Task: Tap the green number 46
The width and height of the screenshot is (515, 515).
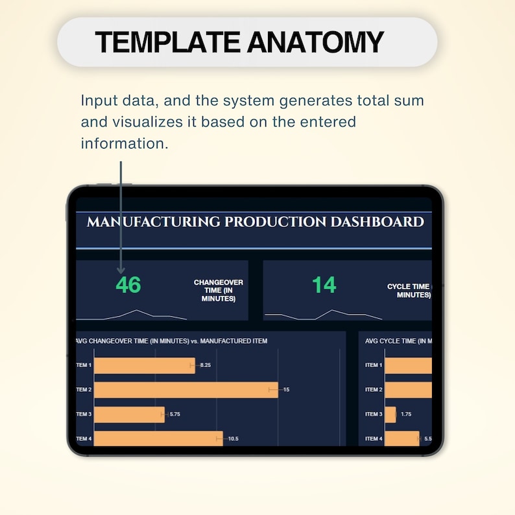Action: click(128, 285)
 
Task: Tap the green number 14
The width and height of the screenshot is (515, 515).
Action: click(324, 285)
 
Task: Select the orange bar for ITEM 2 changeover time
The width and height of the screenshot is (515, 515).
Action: click(186, 390)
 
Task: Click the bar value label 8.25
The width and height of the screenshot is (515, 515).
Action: click(205, 366)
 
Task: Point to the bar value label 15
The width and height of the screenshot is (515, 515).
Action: click(286, 390)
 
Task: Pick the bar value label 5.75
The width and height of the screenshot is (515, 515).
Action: click(175, 414)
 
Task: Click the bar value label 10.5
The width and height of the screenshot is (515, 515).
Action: click(233, 439)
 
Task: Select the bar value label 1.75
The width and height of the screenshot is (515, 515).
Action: click(406, 414)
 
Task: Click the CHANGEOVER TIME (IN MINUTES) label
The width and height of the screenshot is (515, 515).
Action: click(214, 291)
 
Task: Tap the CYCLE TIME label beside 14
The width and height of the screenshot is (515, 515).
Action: click(409, 291)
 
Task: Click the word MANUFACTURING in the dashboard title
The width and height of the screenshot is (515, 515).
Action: click(153, 222)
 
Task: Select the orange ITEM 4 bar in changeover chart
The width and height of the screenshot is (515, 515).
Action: click(158, 439)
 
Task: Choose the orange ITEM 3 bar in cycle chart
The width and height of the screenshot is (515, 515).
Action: click(390, 414)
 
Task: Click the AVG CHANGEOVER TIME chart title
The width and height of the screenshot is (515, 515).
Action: click(171, 341)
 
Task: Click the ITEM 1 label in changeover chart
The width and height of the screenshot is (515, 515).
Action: click(84, 366)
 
